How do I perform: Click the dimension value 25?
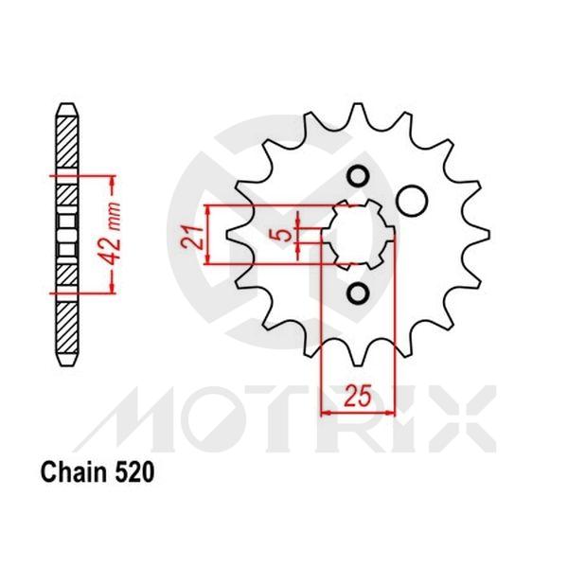click(x=357, y=398)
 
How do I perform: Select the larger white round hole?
click(x=412, y=200)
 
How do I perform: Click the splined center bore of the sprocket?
click(x=360, y=235)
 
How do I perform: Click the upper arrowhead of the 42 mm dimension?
click(x=113, y=178)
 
